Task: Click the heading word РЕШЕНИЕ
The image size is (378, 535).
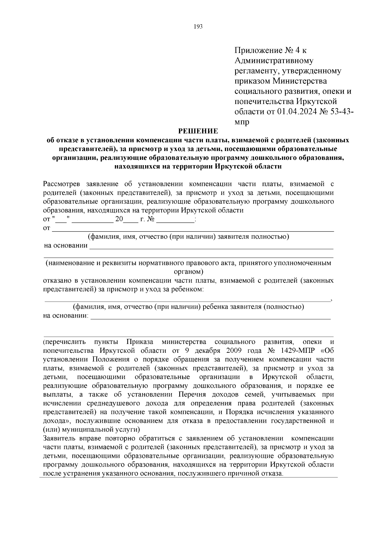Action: [198, 131]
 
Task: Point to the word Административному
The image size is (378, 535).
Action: [274, 61]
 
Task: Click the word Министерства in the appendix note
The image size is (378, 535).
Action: [300, 81]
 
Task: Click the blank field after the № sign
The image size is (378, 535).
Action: [175, 219]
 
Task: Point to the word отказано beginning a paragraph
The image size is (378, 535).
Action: [57, 280]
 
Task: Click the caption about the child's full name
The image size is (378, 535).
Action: [188, 307]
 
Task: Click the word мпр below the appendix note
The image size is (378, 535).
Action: [242, 122]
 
